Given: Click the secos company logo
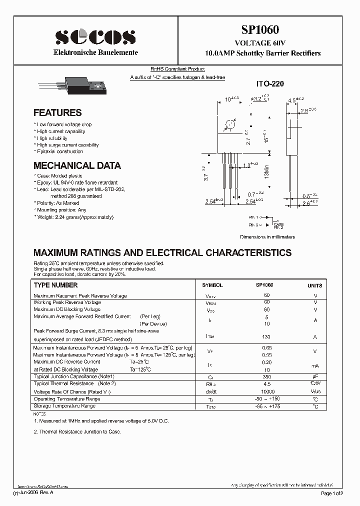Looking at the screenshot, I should coord(95,37).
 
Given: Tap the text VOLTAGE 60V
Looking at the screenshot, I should coord(263,43).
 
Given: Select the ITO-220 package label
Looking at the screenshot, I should coord(270,84).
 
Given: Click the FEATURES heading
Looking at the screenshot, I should coord(57,113).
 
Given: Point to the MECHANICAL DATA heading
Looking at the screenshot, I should coord(77,165).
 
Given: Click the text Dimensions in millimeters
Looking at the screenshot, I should coord(267,237).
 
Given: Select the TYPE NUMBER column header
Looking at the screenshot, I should coord(55,285).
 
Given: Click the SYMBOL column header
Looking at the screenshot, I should coord(212,285).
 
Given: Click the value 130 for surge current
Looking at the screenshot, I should coord(266,337).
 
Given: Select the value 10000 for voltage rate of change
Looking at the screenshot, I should coord(267,391).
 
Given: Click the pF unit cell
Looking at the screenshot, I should coord(315,376).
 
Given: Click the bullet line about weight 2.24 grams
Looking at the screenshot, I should coord(74,217).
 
